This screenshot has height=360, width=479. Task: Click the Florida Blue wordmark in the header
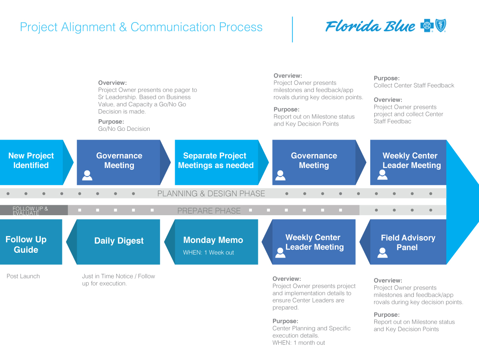click(370, 26)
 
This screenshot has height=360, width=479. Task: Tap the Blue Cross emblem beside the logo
click(427, 26)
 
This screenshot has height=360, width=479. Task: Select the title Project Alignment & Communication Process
click(141, 27)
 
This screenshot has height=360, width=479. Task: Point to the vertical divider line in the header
click(292, 29)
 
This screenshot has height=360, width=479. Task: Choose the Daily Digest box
click(119, 241)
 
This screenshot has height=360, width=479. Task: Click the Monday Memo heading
click(213, 240)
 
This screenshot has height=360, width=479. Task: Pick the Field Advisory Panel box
click(407, 242)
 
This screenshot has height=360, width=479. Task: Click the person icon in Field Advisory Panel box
click(382, 252)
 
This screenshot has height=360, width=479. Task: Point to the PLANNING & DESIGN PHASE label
click(211, 194)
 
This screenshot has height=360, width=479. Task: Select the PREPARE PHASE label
click(209, 211)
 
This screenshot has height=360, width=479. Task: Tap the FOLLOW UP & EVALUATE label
click(30, 211)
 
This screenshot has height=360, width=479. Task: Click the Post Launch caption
click(23, 276)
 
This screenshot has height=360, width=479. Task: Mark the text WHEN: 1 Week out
click(208, 252)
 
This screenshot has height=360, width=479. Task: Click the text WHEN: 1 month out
click(299, 342)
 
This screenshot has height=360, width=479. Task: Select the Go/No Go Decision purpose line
click(124, 129)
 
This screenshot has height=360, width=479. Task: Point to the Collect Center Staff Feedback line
click(414, 85)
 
